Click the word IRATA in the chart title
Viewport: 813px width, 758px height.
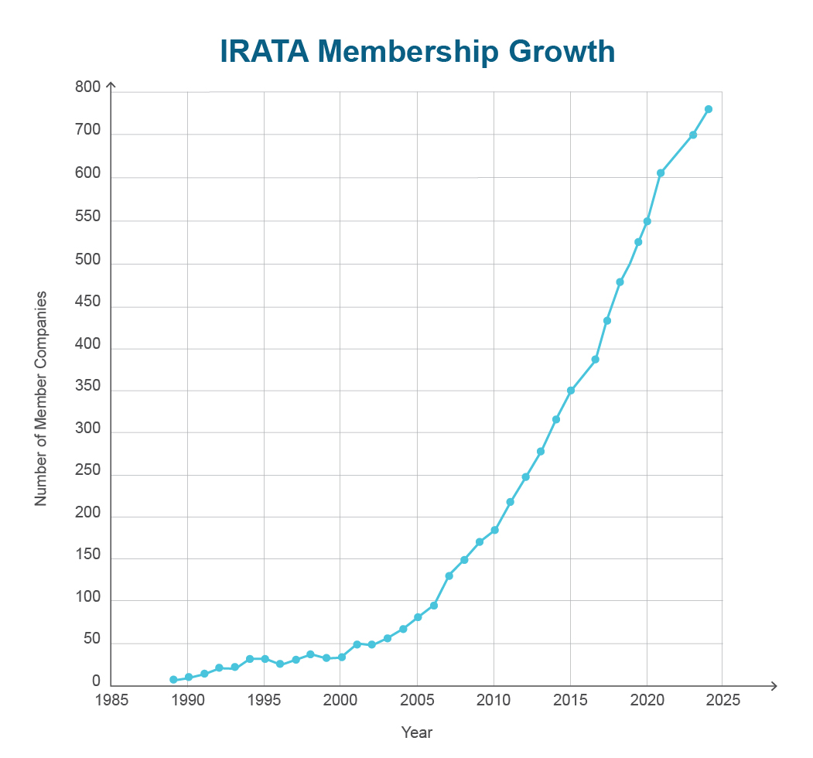pos(264,51)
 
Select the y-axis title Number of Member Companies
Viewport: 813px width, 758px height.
pos(41,398)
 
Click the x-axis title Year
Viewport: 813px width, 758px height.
pos(416,732)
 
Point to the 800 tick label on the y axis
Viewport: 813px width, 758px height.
pos(88,88)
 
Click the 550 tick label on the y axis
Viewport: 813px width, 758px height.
pos(88,217)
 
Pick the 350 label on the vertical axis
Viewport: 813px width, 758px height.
pos(88,389)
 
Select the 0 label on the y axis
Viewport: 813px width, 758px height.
pos(97,681)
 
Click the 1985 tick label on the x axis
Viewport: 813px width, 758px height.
pos(111,700)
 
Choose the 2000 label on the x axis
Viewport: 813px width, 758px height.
pos(341,700)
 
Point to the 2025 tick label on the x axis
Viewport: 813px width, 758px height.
pos(723,700)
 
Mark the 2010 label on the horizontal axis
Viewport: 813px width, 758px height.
pos(494,700)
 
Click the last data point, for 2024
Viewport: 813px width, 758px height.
pos(708,109)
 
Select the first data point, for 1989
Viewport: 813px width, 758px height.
pos(173,680)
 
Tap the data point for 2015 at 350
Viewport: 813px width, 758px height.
pos(571,391)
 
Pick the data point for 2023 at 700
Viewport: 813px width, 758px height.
pos(693,135)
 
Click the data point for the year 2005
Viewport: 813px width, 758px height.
pos(418,617)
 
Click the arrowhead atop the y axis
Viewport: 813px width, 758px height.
pos(111,86)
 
